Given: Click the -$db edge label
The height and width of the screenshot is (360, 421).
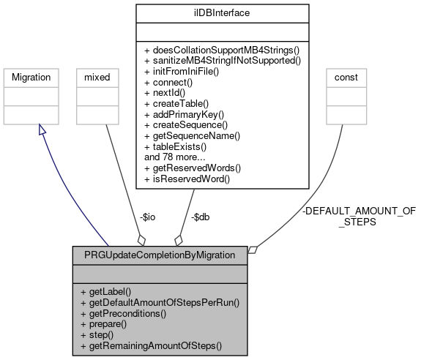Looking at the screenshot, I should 201,217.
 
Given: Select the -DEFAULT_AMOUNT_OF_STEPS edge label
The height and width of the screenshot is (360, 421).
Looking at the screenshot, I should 358,216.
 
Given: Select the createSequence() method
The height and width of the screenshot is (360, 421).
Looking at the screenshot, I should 187,124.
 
